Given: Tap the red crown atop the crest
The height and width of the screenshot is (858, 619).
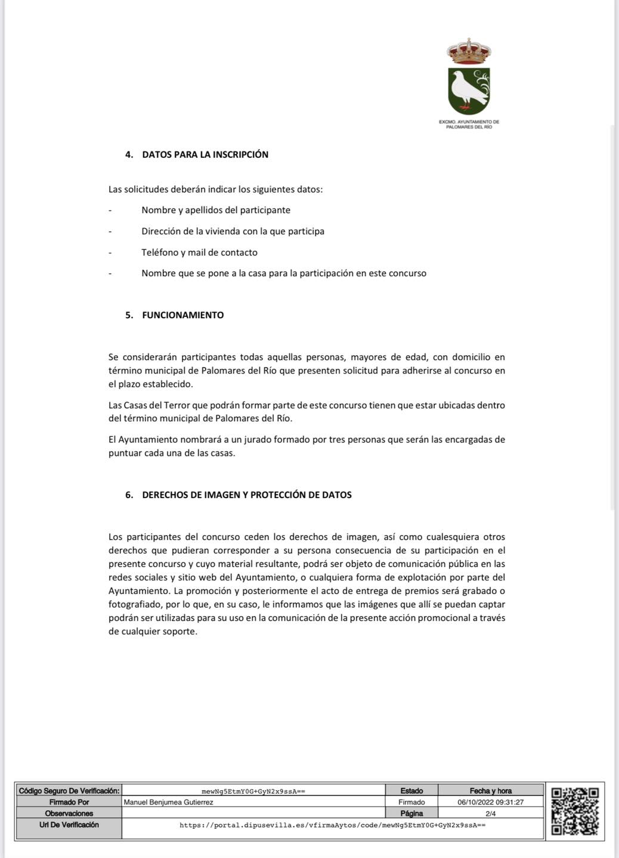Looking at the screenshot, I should (x=469, y=51).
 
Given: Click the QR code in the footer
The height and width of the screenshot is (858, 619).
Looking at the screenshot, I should (x=574, y=811).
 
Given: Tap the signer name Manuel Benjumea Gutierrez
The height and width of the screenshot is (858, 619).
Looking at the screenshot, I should (x=168, y=802).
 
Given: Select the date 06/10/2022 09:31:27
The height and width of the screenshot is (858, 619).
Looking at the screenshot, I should (x=490, y=802).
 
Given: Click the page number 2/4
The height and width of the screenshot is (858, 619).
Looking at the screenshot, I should (x=490, y=813).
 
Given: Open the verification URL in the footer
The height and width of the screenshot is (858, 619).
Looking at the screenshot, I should (x=332, y=826).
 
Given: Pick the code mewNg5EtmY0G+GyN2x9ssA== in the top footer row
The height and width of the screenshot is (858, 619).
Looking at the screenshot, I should (x=253, y=791).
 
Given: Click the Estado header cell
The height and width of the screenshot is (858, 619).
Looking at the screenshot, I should (x=411, y=791).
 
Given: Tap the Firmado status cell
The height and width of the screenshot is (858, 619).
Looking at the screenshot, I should (x=411, y=802).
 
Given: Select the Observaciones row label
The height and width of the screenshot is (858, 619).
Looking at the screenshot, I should (x=69, y=813).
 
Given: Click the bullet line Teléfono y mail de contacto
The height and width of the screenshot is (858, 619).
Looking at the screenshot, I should (x=199, y=253).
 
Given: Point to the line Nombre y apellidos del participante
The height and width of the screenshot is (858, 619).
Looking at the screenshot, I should (x=216, y=210).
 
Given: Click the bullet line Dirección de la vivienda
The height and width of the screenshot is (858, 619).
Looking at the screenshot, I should (x=233, y=231).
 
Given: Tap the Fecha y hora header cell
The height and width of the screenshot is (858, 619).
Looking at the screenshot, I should (x=490, y=791).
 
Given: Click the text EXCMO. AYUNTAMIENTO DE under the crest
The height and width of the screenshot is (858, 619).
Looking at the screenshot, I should (x=469, y=122).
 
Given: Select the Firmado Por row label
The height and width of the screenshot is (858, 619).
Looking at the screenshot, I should (x=69, y=802).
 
